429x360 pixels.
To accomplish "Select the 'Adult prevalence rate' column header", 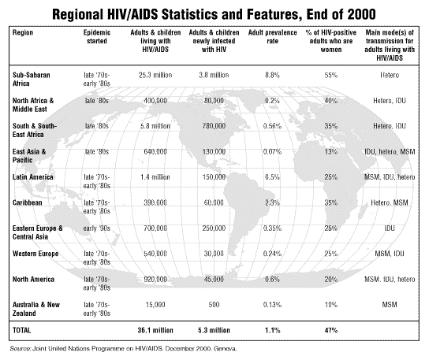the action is tap(273, 36).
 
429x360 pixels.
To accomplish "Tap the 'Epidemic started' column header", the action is tap(97, 36).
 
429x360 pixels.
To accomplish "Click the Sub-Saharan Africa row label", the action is tap(32, 79).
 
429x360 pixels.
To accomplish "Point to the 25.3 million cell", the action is tap(155, 75).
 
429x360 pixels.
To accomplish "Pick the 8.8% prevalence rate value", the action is tap(273, 75).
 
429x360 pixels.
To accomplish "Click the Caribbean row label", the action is tap(28, 202).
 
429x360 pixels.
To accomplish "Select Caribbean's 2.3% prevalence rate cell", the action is tap(273, 202).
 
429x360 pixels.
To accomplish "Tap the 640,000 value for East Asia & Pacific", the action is tap(155, 152).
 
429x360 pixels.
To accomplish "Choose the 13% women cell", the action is tap(331, 152).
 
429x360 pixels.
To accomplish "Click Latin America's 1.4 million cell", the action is tap(155, 177).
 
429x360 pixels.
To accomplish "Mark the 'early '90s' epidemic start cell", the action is tap(97, 228).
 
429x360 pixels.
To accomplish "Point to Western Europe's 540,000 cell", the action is tap(155, 254).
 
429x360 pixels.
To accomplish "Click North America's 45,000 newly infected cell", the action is tap(214, 279).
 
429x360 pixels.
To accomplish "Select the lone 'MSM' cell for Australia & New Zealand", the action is tap(390, 305).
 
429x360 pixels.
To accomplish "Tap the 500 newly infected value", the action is tap(214, 305).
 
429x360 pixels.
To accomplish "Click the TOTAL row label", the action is tap(21, 330).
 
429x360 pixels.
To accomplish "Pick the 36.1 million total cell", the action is tap(155, 330).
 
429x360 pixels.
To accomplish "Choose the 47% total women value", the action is tap(331, 330).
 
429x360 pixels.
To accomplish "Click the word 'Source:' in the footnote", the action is tap(21, 348).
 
